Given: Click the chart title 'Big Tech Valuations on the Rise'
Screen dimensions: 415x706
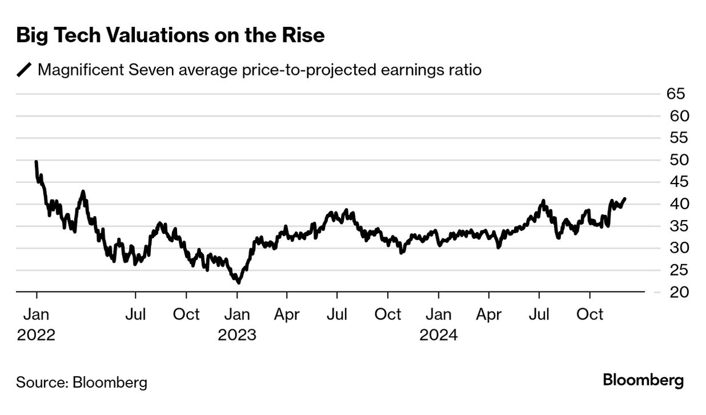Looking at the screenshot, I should tap(170, 36).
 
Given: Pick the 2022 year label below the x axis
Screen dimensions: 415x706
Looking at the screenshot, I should tap(36, 334).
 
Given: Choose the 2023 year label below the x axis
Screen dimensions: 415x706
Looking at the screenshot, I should tap(237, 334).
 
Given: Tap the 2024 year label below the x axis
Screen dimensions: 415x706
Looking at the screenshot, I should tap(439, 334).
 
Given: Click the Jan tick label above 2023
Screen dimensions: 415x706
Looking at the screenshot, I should tap(237, 314).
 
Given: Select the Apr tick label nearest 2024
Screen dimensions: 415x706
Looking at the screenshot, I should tap(489, 314).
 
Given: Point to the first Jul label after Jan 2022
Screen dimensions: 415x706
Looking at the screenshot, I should tap(135, 314).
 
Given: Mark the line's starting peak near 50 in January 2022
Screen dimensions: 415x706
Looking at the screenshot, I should tap(37, 162).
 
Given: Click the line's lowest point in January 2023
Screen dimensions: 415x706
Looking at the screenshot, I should tap(238, 282).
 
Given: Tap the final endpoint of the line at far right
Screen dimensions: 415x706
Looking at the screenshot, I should tap(625, 199).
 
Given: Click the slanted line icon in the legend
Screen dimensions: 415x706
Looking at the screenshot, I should tap(25, 70).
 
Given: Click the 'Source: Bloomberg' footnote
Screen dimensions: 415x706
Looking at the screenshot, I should tap(81, 382).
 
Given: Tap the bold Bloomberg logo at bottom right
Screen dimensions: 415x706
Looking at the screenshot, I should tap(643, 380).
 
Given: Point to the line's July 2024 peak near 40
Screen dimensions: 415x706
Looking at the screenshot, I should tap(543, 201).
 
